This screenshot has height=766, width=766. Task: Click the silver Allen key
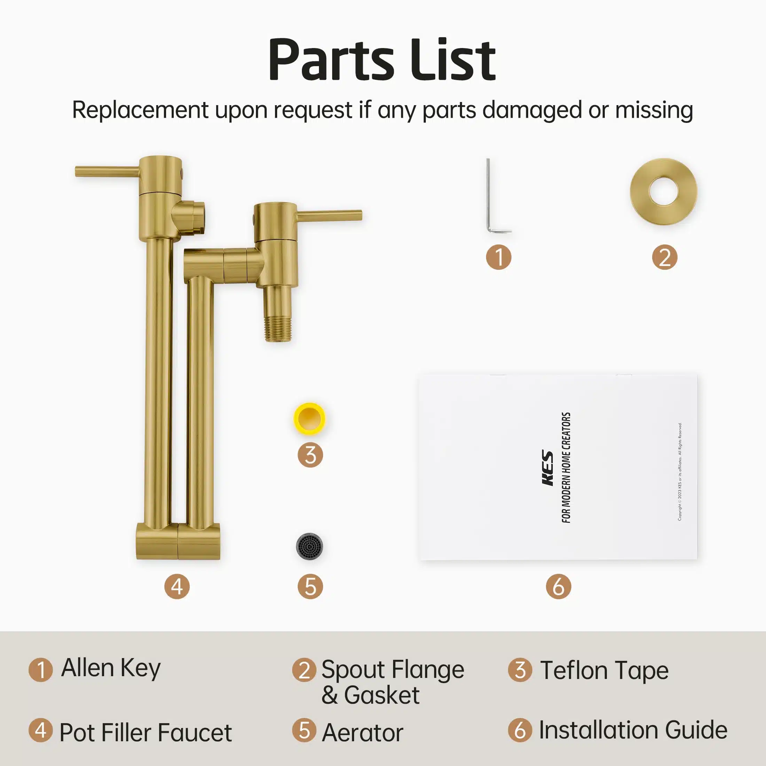(489, 198)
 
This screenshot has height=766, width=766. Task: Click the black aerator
(310, 546)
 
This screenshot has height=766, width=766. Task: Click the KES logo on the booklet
(548, 468)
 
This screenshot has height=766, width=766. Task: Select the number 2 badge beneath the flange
(664, 257)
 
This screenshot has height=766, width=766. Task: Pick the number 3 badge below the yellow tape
(311, 455)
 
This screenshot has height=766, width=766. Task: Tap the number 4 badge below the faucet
(177, 586)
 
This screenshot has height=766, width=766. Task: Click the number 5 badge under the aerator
(311, 586)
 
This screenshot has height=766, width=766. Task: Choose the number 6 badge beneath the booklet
(558, 586)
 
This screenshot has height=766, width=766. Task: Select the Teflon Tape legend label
(604, 671)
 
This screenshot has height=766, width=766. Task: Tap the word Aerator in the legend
(362, 732)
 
